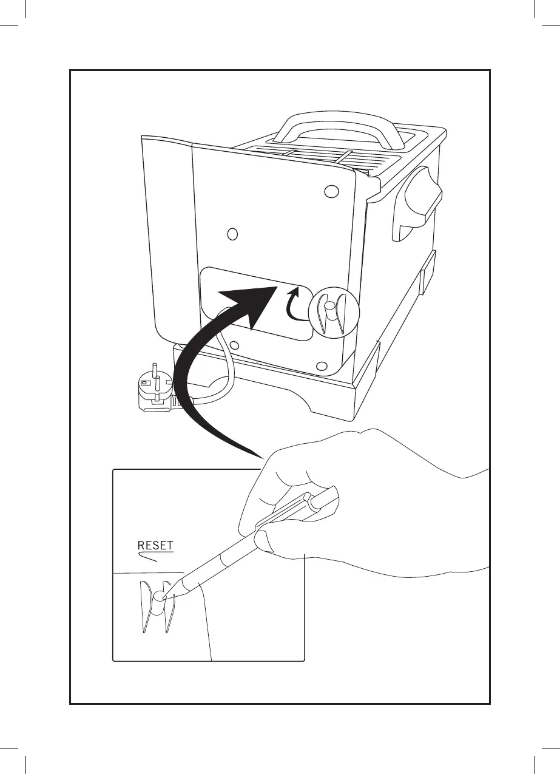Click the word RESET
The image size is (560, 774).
pos(156,545)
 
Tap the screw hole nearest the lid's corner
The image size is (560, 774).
pos(330,192)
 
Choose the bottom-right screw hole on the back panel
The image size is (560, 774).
pos(322,366)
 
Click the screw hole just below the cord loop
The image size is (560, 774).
pos(235,346)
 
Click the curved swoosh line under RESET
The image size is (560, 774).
pos(149,557)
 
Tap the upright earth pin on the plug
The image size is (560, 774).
pos(154,370)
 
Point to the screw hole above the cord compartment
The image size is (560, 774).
pos(232,234)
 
